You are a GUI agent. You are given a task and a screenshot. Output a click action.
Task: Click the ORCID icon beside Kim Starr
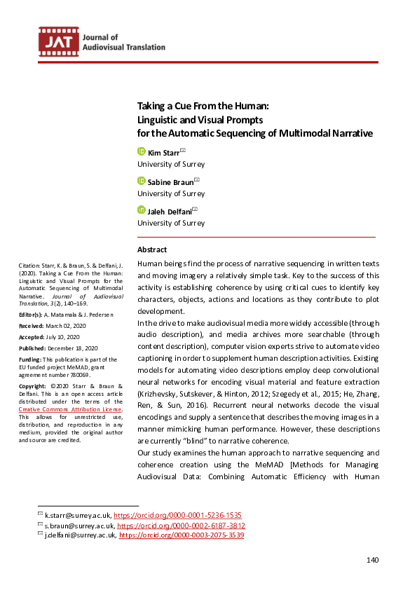[x=141, y=151]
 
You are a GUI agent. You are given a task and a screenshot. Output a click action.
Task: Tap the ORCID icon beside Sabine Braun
[x=141, y=181]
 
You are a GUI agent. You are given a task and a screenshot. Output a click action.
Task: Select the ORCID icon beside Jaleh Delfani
[x=141, y=210]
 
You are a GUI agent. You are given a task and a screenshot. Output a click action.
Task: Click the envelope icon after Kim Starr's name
[x=183, y=150]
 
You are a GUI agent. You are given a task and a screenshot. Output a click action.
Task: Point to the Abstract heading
[x=152, y=249]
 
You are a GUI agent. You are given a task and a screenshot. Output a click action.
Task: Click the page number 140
[x=373, y=560]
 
